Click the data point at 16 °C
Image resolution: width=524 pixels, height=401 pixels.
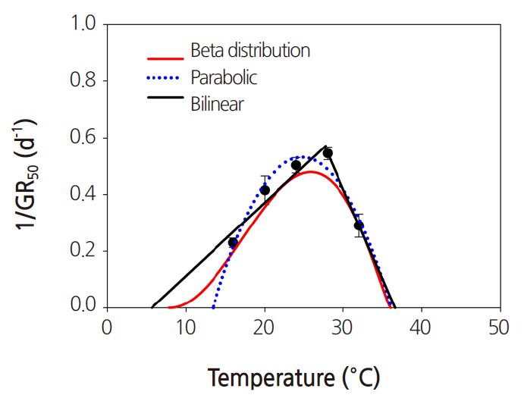(x=233, y=243)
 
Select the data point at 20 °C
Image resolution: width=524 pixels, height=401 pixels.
(x=265, y=190)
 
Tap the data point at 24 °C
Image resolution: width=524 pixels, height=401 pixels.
(x=296, y=165)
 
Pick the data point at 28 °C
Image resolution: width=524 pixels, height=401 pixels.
(x=328, y=153)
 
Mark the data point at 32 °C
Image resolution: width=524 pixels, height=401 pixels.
(x=359, y=225)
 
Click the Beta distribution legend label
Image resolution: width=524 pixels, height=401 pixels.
(x=250, y=52)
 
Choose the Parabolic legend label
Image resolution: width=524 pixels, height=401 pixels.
(x=224, y=77)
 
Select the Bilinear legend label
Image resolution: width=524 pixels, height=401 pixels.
(x=217, y=104)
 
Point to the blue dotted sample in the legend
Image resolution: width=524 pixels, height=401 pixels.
(x=165, y=79)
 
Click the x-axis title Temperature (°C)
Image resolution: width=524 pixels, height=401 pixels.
(x=293, y=377)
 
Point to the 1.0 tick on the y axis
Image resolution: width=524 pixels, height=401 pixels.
(x=84, y=25)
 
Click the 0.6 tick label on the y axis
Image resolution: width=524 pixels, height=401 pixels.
(x=84, y=138)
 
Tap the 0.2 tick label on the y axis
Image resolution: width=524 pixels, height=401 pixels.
(x=84, y=251)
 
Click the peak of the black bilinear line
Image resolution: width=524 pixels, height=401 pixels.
(x=326, y=146)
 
